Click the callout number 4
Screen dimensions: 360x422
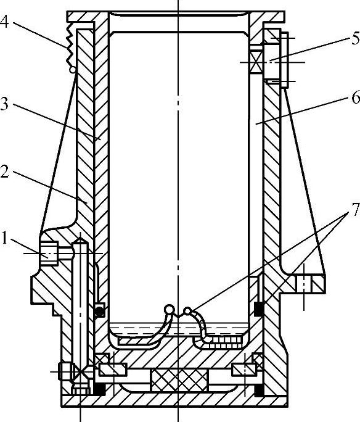(x=4, y=22)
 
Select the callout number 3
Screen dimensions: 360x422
(x=4, y=104)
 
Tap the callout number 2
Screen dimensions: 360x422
(x=4, y=172)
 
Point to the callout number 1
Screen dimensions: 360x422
(x=4, y=238)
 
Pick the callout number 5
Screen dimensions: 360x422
(x=356, y=38)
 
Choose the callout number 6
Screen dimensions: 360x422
(x=356, y=97)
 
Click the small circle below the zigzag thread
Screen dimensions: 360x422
(x=73, y=70)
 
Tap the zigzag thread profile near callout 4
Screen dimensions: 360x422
(x=70, y=44)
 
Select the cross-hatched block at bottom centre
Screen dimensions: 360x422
(x=179, y=380)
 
